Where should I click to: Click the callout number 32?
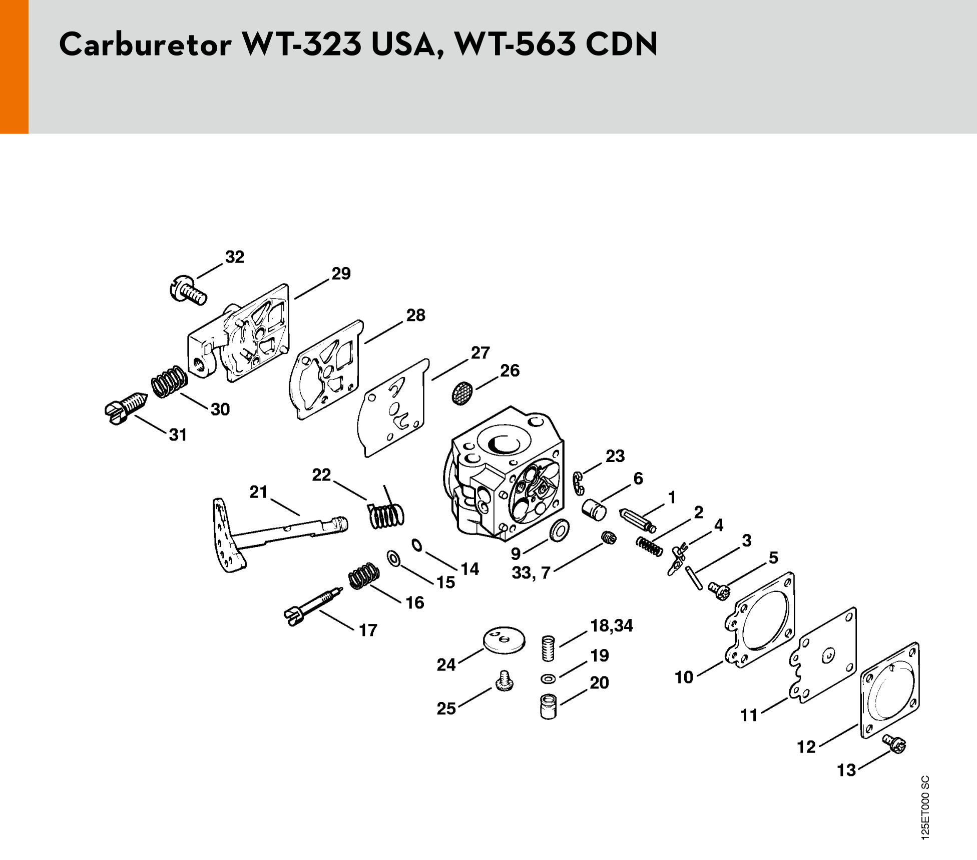coord(234,257)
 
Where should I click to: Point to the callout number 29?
coord(341,273)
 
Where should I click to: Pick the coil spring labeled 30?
coord(169,381)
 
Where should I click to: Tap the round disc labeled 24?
coord(504,639)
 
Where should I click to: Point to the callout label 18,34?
coord(611,625)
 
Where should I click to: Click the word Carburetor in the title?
coord(146,44)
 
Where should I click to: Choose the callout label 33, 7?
coord(531,573)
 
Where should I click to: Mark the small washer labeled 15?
coord(393,558)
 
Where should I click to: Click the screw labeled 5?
coord(720,590)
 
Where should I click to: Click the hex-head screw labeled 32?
coord(187,290)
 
